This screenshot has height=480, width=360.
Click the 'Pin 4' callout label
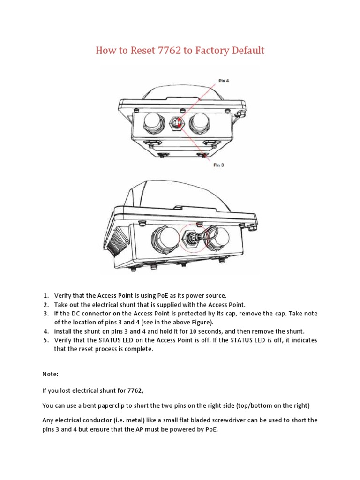[224, 80]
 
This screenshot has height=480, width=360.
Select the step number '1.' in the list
[46, 295]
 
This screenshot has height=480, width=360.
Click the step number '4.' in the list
[46, 331]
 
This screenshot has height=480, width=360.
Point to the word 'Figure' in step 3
[199, 322]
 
